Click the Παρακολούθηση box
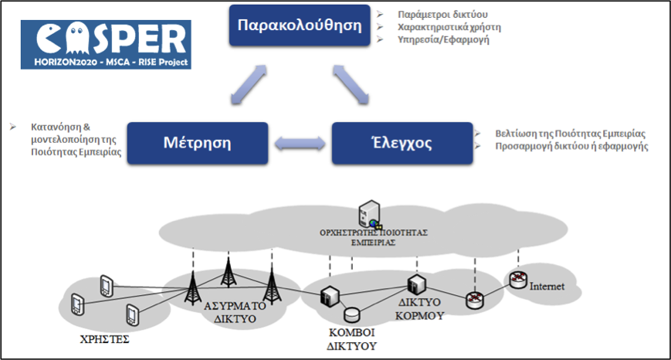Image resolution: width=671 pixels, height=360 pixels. (300, 25)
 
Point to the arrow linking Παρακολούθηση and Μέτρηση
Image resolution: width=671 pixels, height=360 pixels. (249, 83)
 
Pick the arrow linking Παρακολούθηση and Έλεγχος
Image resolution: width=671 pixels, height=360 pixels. (351, 83)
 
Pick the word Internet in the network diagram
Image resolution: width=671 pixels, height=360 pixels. (547, 287)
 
